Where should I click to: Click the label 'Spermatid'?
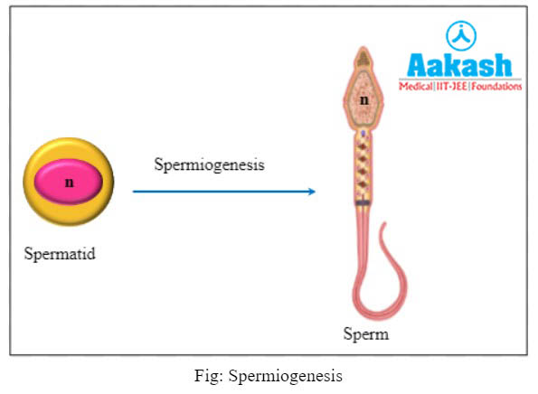(59, 253)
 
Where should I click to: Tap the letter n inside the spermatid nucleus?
(69, 183)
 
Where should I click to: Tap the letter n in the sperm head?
(363, 100)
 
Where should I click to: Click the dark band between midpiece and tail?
(363, 204)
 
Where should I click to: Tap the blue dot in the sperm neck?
(363, 133)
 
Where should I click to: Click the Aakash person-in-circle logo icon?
(461, 35)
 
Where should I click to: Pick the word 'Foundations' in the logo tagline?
(498, 87)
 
